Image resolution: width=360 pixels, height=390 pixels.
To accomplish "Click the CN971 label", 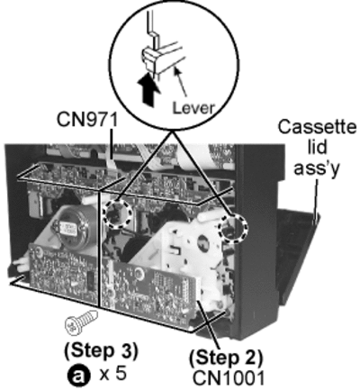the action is click(x=87, y=120).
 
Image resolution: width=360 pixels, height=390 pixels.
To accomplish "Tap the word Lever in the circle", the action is click(x=193, y=107).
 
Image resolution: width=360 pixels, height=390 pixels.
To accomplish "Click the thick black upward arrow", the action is click(x=149, y=89).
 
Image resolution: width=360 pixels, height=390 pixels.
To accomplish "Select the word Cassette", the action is click(x=317, y=127).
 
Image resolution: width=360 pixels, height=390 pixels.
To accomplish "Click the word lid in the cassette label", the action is click(x=317, y=147).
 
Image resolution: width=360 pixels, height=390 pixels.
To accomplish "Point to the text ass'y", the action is click(x=317, y=168).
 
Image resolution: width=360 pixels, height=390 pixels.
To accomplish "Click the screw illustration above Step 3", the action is click(x=82, y=322).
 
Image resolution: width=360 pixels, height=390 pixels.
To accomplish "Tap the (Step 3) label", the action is click(x=102, y=350).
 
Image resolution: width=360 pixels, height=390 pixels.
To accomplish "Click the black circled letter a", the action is click(x=78, y=376).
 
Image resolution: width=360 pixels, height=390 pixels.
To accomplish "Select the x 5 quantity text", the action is click(x=112, y=374).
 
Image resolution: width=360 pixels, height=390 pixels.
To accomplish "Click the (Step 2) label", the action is click(x=226, y=358).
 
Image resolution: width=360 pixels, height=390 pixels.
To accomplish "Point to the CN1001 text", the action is click(x=229, y=377).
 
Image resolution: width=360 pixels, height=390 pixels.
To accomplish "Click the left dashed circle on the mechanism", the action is click(x=117, y=213).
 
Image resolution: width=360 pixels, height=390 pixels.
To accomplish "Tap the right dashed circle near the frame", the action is click(x=233, y=229).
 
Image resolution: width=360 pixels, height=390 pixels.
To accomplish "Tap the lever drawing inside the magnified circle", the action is click(x=162, y=59).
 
